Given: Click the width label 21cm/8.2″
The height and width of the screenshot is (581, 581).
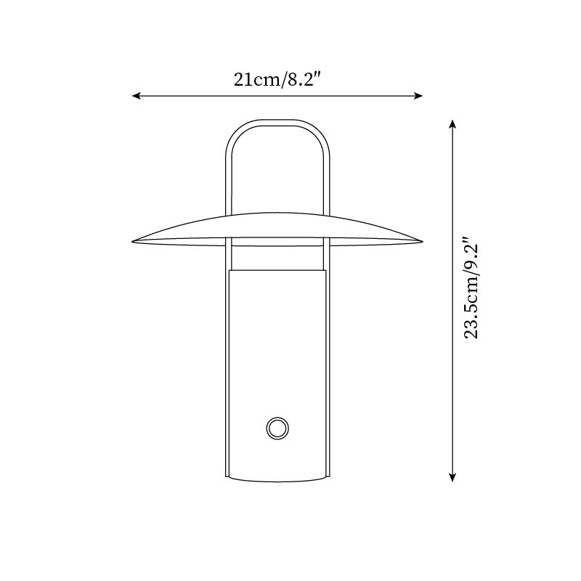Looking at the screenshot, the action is coord(277,79).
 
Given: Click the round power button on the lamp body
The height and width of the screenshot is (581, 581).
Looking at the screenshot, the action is coord(277,428).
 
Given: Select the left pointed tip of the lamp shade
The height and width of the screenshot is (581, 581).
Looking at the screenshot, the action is coord(133,242).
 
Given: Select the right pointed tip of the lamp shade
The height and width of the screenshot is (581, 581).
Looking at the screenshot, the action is coord(423,242).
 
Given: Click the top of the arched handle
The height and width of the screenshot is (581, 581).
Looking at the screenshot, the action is coord(277,123).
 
